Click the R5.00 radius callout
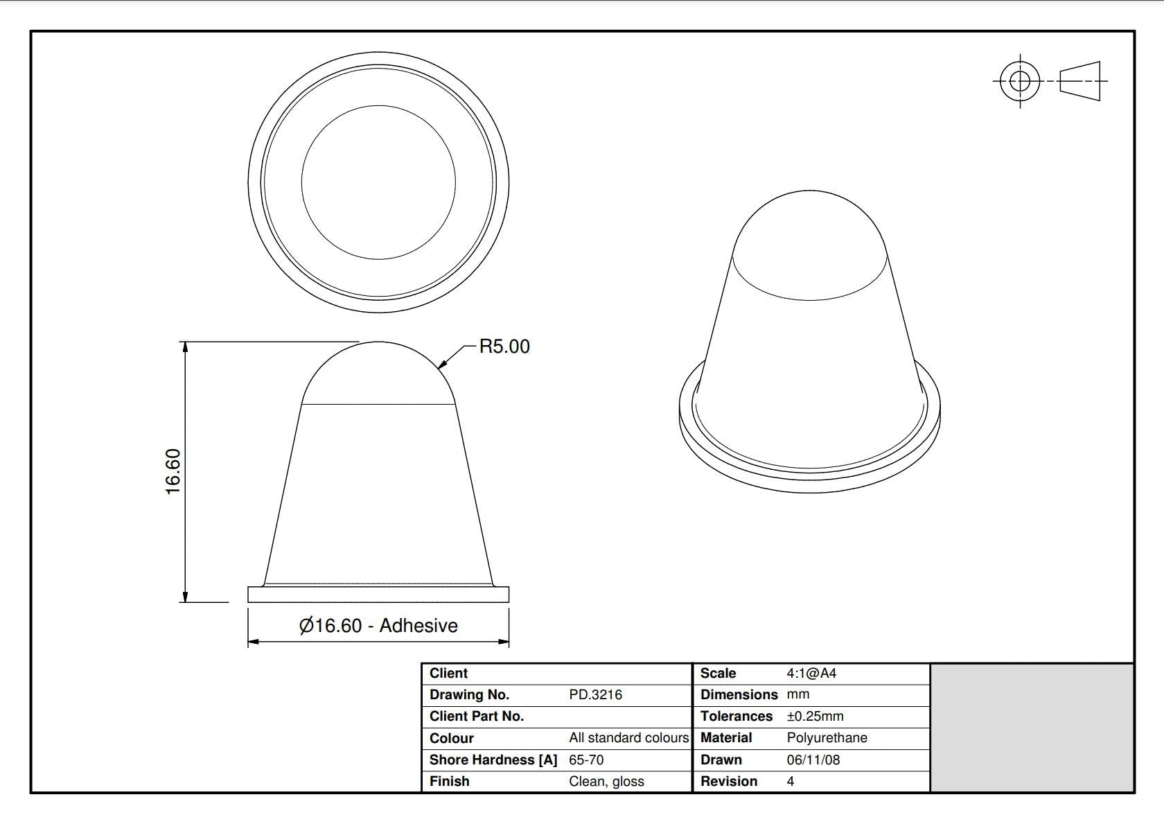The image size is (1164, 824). click(x=504, y=347)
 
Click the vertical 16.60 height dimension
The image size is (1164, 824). click(x=173, y=471)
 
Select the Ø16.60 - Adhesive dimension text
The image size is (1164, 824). click(x=378, y=626)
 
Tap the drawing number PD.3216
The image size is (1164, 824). click(x=595, y=694)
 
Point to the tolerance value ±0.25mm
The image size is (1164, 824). click(x=815, y=716)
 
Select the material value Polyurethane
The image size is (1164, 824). click(x=827, y=737)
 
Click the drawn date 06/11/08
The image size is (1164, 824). click(x=813, y=760)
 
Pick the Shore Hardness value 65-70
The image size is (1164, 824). click(x=586, y=760)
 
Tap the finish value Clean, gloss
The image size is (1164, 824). click(x=606, y=781)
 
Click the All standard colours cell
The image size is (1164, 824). click(x=628, y=737)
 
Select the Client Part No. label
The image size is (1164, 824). click(x=476, y=716)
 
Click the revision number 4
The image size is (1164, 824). click(x=791, y=781)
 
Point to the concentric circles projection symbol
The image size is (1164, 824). click(x=1019, y=81)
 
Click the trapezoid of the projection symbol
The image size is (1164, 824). click(x=1079, y=81)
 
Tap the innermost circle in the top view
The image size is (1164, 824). click(x=378, y=182)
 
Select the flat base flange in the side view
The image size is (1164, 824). click(x=378, y=595)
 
